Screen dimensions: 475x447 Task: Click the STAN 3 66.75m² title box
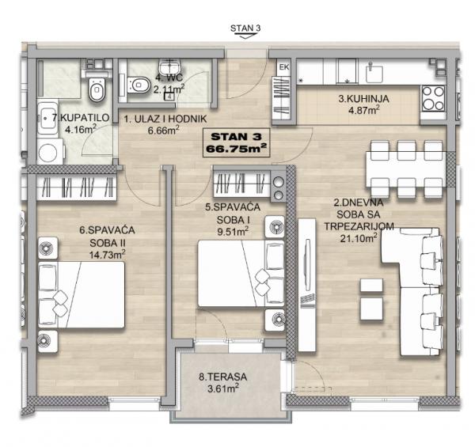coord(236,142)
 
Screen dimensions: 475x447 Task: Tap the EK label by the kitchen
coord(284,67)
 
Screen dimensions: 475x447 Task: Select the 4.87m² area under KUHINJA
coord(364,110)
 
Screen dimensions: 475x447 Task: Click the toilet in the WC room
coord(139,85)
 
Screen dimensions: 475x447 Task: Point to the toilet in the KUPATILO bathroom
coord(97,89)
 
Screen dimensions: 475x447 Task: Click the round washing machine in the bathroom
coord(48,152)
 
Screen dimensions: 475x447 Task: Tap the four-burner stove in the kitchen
coord(433,98)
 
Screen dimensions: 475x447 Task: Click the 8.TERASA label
coord(222,377)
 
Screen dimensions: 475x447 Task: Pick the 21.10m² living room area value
coord(359,237)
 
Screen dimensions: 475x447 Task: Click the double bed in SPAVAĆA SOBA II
coord(82,294)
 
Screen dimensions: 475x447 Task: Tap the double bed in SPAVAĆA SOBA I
coord(241,273)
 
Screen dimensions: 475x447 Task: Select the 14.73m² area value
coord(107,254)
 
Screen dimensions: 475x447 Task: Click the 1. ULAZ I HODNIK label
coord(165,119)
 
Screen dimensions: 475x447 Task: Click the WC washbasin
coord(170,66)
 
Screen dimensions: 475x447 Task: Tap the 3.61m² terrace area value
coord(223,388)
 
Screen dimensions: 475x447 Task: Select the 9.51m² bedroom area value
coord(233,232)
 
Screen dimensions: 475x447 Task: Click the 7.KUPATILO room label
coord(80,117)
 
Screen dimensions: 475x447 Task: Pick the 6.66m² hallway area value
coord(164,131)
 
